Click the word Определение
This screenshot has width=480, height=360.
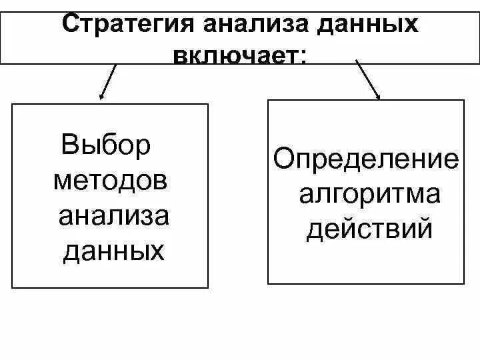366,160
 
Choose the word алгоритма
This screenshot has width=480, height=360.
369,195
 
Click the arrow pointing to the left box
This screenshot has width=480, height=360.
108,83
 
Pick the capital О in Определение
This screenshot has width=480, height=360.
283,160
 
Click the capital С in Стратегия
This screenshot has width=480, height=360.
71,24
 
